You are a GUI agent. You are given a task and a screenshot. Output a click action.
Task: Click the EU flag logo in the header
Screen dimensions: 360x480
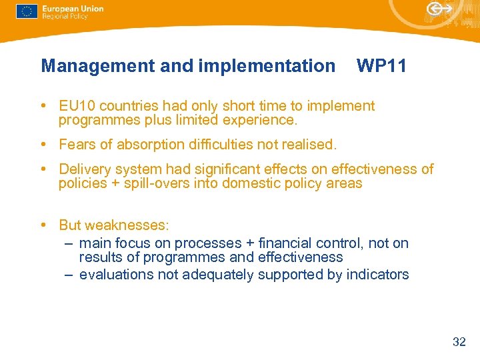click(27, 11)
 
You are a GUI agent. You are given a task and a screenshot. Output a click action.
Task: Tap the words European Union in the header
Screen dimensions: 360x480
click(73, 9)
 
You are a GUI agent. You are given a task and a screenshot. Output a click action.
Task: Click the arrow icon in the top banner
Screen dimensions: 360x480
click(438, 9)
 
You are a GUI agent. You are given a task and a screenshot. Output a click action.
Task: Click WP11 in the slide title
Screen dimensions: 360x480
click(381, 66)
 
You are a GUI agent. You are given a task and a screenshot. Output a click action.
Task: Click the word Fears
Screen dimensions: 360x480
click(77, 145)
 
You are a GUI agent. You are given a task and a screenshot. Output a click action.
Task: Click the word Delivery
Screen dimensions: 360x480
click(85, 169)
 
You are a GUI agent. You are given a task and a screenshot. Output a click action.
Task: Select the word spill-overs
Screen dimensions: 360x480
click(155, 183)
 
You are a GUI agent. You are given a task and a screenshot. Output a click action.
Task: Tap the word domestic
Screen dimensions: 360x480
click(251, 183)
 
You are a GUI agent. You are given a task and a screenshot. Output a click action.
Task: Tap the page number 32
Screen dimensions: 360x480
click(459, 342)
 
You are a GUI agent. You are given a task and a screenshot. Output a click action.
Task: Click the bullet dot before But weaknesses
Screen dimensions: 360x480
click(43, 225)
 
